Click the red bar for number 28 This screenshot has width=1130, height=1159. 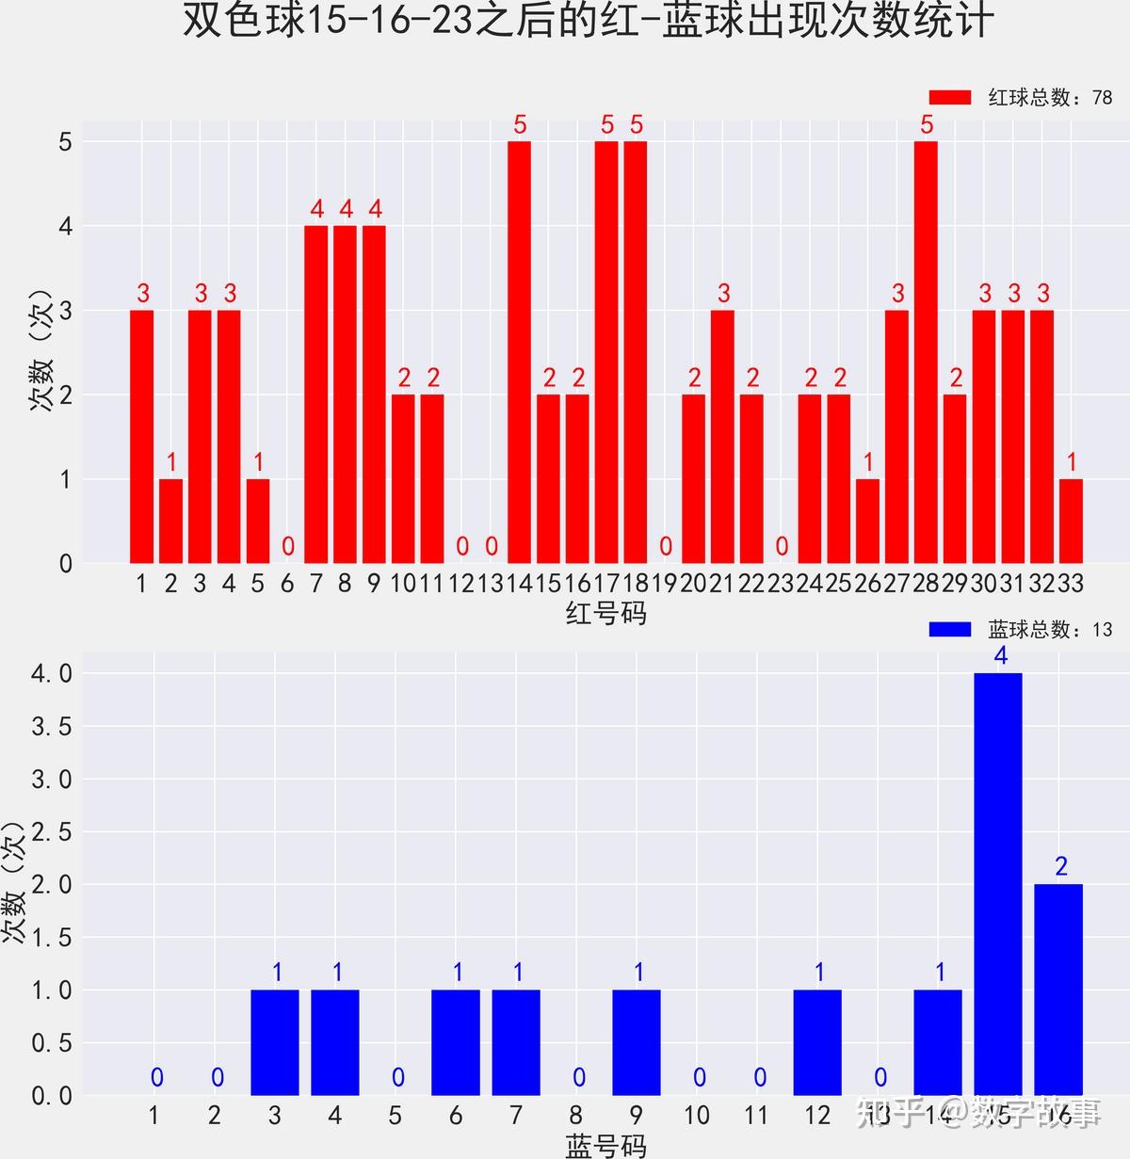click(x=926, y=352)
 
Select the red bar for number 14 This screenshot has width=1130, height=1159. click(x=519, y=352)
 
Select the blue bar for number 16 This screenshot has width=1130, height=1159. click(x=1058, y=989)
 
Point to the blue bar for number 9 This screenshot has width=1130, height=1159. click(x=637, y=1042)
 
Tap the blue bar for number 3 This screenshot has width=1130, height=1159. click(x=275, y=1042)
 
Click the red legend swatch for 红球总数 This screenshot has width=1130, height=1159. click(x=949, y=98)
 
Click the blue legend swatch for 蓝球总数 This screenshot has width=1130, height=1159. click(x=949, y=629)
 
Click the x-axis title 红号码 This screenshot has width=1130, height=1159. click(x=605, y=614)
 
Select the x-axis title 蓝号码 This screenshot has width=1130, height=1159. click(x=605, y=1145)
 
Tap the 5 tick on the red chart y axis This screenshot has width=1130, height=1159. click(x=65, y=142)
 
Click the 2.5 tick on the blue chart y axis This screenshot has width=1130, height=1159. click(x=52, y=832)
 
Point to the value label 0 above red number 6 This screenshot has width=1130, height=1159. click(x=288, y=546)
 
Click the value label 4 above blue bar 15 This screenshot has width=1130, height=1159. click(x=1001, y=656)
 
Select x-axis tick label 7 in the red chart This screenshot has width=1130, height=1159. click(x=315, y=584)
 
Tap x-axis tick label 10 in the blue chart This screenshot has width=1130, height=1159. click(x=696, y=1116)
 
